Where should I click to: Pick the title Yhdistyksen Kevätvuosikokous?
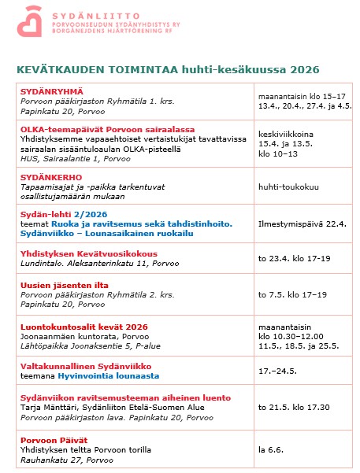pos(89,253)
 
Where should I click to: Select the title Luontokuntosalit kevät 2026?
pos(83,327)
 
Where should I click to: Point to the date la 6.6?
pos(270,449)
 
